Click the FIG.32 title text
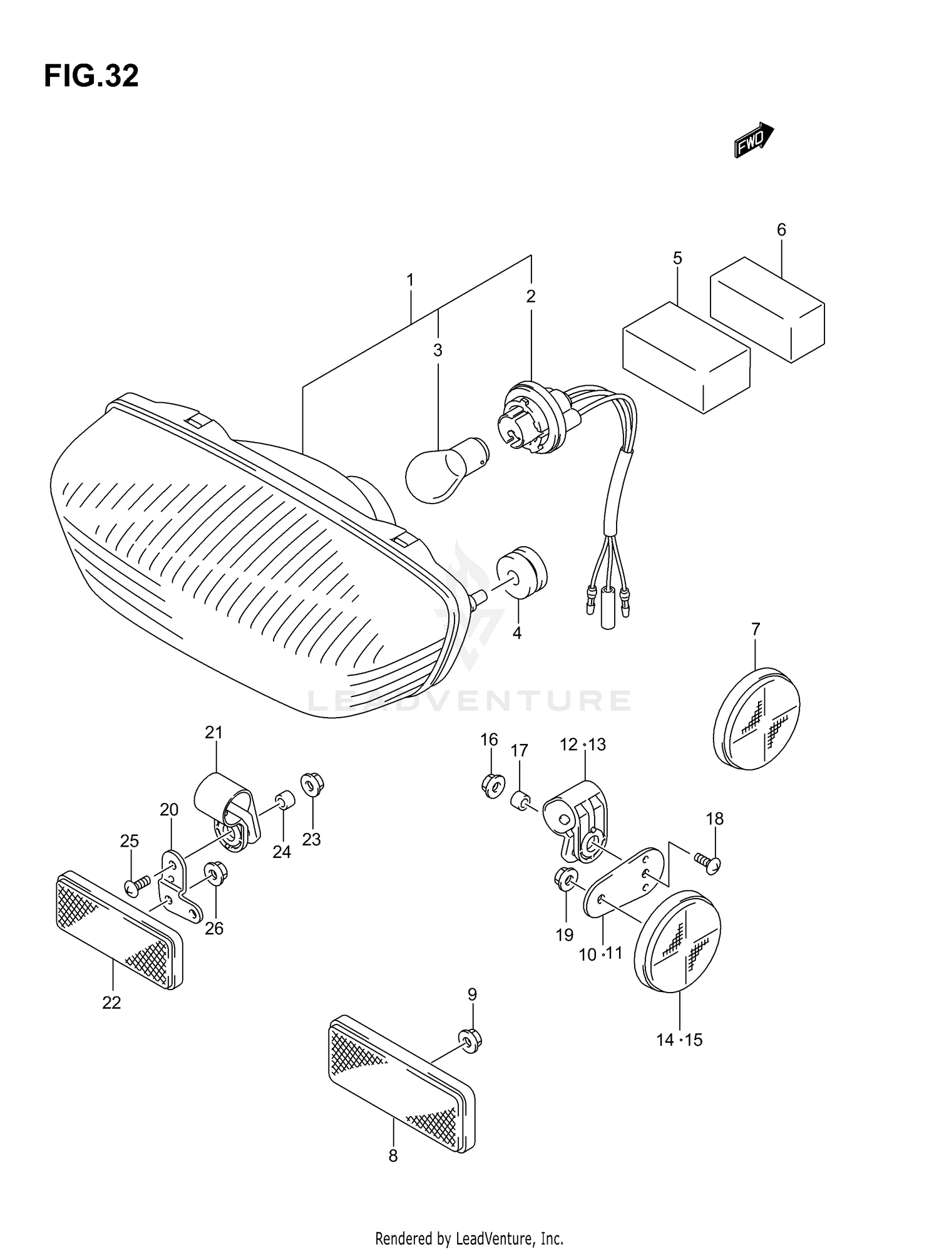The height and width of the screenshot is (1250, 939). (x=91, y=76)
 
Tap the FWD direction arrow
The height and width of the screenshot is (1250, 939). (x=753, y=139)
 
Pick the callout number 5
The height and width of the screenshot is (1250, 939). (x=677, y=258)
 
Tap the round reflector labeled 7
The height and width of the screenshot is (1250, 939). (x=757, y=719)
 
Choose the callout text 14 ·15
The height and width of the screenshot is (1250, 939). (x=679, y=1040)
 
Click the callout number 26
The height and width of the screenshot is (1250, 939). (x=214, y=928)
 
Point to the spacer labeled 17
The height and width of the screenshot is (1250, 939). (x=521, y=800)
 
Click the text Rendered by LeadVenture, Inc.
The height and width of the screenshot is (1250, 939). (x=469, y=1239)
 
